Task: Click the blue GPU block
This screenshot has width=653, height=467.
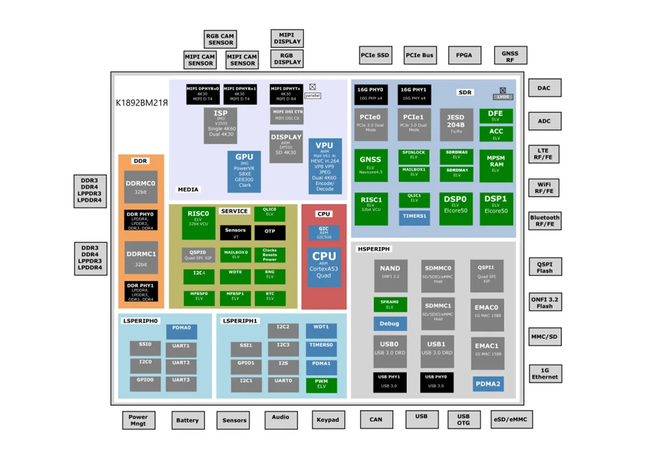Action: coord(244,171)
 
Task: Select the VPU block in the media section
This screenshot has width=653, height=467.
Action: coord(325,166)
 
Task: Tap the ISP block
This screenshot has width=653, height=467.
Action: coord(221,126)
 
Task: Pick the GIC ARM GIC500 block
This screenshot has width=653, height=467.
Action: coord(324,233)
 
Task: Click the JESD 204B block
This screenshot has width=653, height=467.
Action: coord(456,124)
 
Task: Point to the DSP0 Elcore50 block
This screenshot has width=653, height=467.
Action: coord(455,208)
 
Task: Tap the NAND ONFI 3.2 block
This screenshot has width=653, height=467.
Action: coord(390,276)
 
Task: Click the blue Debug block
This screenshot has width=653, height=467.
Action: coord(389,324)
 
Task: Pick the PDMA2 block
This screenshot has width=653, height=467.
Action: coord(488,384)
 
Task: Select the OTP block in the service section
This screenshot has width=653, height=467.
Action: coord(270,232)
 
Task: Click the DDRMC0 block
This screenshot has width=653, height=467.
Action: coord(140,187)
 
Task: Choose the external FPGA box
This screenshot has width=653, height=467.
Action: coord(464,55)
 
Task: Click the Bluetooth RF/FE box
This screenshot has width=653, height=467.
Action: coord(545,221)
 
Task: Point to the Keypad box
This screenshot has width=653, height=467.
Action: coord(328,420)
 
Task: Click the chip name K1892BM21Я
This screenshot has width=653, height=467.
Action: coord(142,103)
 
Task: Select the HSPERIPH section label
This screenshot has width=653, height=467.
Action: coord(374,249)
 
